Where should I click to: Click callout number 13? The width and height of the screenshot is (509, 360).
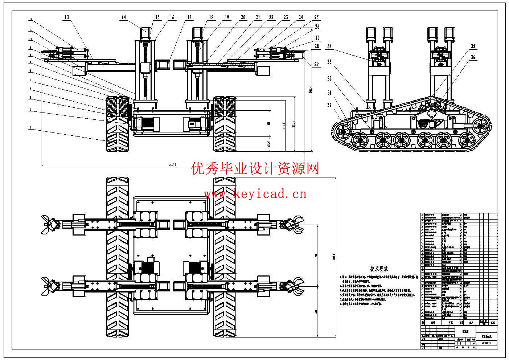pyautogui.click(x=67, y=17)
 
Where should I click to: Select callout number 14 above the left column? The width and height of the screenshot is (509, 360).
pyautogui.click(x=124, y=17)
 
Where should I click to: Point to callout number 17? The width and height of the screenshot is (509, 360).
pyautogui.click(x=190, y=17)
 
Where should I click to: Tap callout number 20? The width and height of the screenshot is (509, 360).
pyautogui.click(x=243, y=17)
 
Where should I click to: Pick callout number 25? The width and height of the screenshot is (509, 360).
pyautogui.click(x=316, y=17)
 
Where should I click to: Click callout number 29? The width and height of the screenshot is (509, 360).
pyautogui.click(x=316, y=64)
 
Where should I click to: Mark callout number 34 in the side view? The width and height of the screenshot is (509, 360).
pyautogui.click(x=329, y=46)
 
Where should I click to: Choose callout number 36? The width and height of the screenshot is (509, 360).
pyautogui.click(x=473, y=57)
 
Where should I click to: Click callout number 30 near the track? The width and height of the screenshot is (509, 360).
pyautogui.click(x=329, y=105)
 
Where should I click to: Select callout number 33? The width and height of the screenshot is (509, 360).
pyautogui.click(x=329, y=62)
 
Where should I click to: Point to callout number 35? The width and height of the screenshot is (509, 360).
pyautogui.click(x=473, y=46)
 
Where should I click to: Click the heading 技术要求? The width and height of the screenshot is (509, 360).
pyautogui.click(x=379, y=269)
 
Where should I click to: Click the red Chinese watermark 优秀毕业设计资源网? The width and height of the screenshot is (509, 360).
pyautogui.click(x=255, y=168)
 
